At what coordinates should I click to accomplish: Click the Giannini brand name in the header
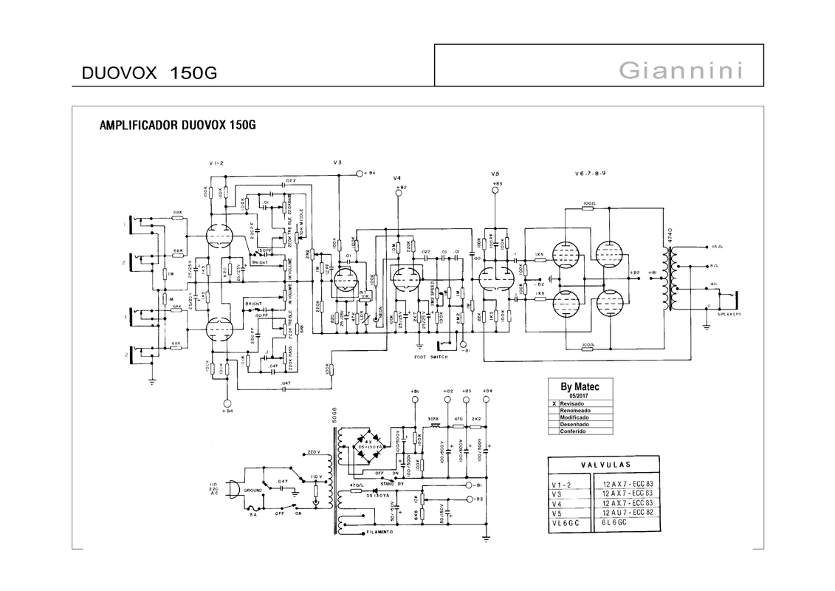pos(680,70)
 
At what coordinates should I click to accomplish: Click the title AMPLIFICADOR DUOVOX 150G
pos(177,125)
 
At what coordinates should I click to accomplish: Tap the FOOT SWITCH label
pos(431,357)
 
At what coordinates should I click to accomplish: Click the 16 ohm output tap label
pos(717,246)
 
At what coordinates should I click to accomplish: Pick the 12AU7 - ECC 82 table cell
pos(627,512)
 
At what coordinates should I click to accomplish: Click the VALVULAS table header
pos(605,465)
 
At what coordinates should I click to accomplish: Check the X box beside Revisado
pos(554,404)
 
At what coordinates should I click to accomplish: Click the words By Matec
pos(580,386)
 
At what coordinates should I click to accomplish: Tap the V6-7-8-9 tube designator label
pos(590,173)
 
